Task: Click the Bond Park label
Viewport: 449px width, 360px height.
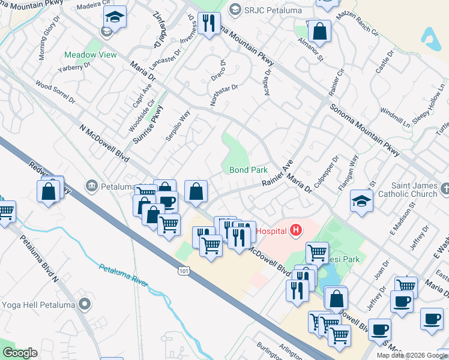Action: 249,170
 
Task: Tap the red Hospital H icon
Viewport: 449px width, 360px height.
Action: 295,230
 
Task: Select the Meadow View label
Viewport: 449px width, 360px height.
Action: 91,55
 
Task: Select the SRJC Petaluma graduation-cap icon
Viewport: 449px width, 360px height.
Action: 235,9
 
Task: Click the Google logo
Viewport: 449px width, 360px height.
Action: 20,353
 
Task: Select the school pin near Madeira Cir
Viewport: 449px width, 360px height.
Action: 115,17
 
